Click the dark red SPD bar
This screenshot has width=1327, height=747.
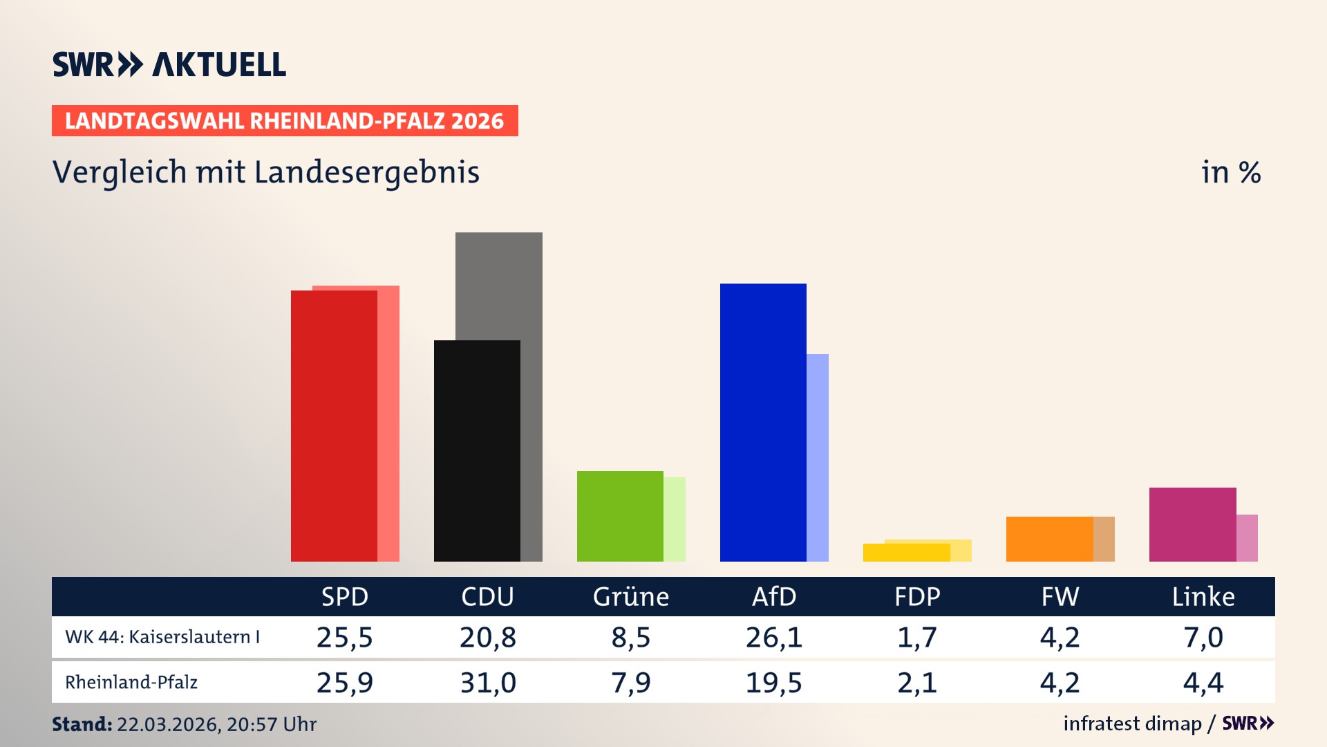tap(334, 425)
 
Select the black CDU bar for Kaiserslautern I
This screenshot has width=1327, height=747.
tap(477, 450)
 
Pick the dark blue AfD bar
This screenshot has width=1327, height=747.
tap(763, 422)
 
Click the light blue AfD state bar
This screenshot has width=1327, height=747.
tap(818, 457)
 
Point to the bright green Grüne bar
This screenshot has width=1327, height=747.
tap(620, 516)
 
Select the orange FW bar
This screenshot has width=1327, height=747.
tap(1049, 539)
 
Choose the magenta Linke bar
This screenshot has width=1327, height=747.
tap(1192, 524)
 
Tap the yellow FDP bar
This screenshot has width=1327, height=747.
tap(906, 553)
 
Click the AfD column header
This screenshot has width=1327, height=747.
tap(774, 596)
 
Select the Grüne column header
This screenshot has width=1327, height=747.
tap(630, 596)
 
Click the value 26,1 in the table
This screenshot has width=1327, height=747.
tap(774, 637)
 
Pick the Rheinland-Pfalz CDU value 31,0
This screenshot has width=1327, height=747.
tap(488, 683)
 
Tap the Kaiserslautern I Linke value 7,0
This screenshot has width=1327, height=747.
tap(1203, 637)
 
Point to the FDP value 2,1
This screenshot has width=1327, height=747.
tap(916, 683)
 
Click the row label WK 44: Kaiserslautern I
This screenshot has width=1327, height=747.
tap(162, 637)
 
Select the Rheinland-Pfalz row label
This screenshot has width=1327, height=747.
tap(131, 683)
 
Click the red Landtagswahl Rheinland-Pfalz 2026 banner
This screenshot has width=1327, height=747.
tap(285, 121)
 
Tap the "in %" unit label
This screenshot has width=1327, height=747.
tap(1230, 172)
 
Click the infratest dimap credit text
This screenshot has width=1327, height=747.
tap(1132, 723)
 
